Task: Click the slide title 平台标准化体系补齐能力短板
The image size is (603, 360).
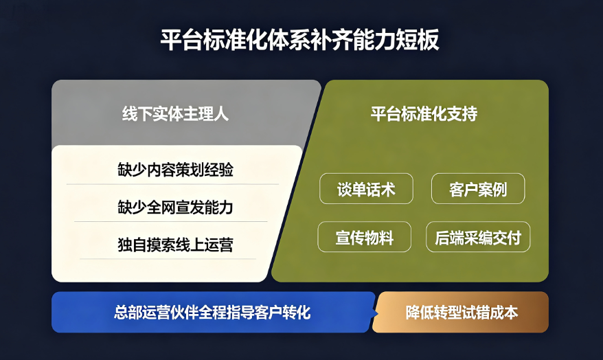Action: coord(299,40)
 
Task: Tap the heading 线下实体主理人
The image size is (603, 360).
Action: coord(175,114)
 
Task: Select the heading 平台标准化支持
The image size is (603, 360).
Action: coord(424,114)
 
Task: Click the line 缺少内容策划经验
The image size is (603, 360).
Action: coord(175,170)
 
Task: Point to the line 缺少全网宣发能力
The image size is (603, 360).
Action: coord(175,207)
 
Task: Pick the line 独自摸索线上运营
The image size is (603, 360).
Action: coord(175,245)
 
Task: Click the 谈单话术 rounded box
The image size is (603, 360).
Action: coord(366,189)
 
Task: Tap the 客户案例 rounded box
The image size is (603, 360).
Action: coord(478,189)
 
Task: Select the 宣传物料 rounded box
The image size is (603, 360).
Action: coord(364,237)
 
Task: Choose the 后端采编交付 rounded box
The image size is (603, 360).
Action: coord(478,237)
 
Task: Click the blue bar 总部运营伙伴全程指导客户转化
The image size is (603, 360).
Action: coord(214,313)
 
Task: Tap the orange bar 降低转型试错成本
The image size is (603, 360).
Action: coord(460,313)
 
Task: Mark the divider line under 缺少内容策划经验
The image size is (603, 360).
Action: coord(172,184)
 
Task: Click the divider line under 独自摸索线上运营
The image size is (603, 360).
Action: coord(168,259)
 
